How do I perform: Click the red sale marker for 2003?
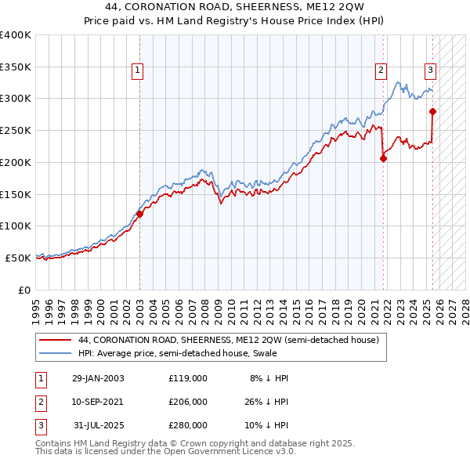click(x=139, y=213)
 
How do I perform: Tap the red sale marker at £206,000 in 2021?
click(x=383, y=158)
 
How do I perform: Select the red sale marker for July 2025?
click(x=432, y=111)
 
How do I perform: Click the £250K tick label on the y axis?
click(x=16, y=131)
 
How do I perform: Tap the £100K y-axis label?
click(x=16, y=226)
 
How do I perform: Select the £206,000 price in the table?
click(x=188, y=402)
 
